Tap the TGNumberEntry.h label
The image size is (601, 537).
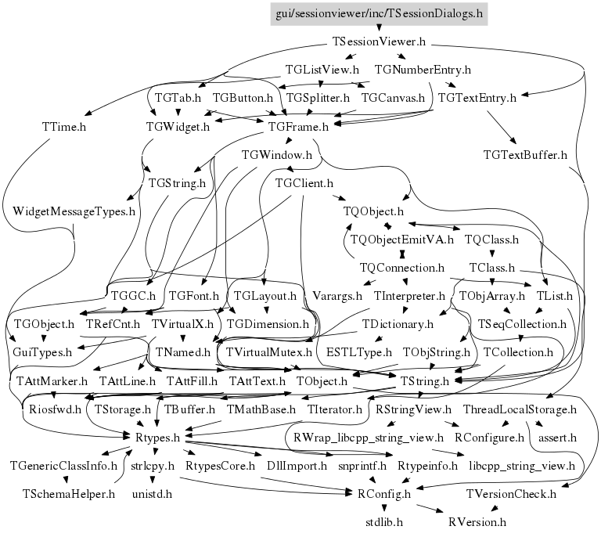click(423, 70)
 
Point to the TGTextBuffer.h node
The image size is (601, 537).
click(525, 154)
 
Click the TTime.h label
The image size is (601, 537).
click(63, 126)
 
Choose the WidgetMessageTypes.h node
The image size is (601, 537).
click(74, 211)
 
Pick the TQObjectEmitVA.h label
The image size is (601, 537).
click(401, 239)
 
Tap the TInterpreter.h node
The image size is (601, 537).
click(409, 296)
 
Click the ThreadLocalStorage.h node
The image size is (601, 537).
click(520, 409)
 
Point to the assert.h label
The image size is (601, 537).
click(557, 437)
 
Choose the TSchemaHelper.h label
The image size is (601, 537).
click(68, 494)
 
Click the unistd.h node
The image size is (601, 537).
click(151, 494)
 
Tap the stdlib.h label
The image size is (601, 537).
click(383, 521)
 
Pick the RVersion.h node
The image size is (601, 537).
click(477, 521)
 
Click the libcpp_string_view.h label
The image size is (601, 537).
click(521, 466)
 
